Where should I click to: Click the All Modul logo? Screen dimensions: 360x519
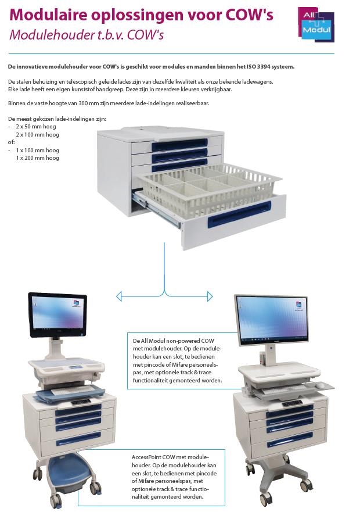pyautogui.click(x=316, y=24)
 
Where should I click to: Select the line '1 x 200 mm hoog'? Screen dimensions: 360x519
pyautogui.click(x=37, y=158)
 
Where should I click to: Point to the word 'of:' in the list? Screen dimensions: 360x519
pyautogui.click(x=11, y=142)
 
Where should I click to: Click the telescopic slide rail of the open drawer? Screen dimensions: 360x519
pyautogui.click(x=156, y=209)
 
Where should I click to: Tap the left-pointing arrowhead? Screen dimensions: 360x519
pyautogui.click(x=119, y=296)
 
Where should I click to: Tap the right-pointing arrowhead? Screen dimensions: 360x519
pyautogui.click(x=210, y=296)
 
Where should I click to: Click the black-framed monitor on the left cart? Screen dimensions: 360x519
pyautogui.click(x=57, y=315)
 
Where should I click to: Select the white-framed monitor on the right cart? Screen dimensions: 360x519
pyautogui.click(x=272, y=318)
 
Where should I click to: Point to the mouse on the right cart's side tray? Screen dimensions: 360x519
pyautogui.click(x=320, y=385)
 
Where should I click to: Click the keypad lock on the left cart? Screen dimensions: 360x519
pyautogui.click(x=81, y=401)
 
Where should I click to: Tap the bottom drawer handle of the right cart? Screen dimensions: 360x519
pyautogui.click(x=290, y=442)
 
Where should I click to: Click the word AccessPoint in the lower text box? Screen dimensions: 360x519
pyautogui.click(x=146, y=457)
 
